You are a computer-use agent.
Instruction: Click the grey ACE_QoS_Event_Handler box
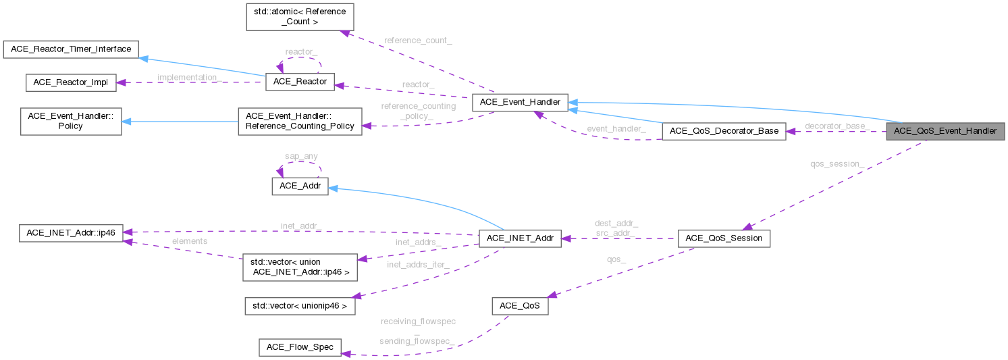(x=945, y=131)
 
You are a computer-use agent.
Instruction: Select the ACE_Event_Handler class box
(x=520, y=103)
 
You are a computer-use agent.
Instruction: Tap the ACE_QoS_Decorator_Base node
(x=724, y=131)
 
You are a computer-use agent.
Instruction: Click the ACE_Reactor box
(x=300, y=82)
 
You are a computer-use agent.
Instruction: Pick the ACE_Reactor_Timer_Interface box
(x=71, y=49)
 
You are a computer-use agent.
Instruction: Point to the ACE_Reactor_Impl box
(x=71, y=82)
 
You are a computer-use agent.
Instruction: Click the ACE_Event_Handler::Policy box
(x=71, y=121)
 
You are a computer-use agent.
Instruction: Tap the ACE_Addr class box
(x=300, y=186)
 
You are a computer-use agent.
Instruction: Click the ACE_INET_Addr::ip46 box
(x=71, y=234)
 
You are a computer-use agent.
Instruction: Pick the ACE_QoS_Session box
(x=723, y=238)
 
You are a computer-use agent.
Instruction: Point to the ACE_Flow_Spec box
(x=300, y=347)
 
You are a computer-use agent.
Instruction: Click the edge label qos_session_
(x=837, y=163)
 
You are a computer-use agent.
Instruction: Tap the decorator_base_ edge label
(x=837, y=126)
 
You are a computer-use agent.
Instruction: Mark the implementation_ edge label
(x=189, y=78)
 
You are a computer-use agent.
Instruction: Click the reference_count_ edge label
(x=418, y=41)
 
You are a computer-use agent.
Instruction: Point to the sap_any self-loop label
(x=301, y=157)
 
